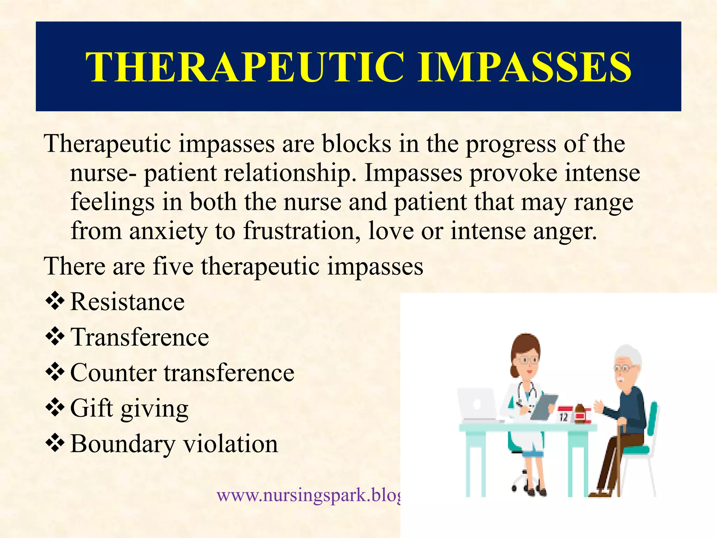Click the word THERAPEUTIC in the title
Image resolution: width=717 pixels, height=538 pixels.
(x=245, y=67)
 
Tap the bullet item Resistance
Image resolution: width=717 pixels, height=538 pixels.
(x=127, y=302)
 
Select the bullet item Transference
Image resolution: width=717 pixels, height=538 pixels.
(x=140, y=337)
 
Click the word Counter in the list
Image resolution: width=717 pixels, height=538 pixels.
(x=113, y=373)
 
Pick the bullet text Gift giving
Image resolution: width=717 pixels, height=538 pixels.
(x=129, y=408)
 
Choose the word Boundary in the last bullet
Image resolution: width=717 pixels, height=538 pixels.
(x=123, y=444)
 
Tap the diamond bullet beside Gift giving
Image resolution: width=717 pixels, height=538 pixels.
(x=55, y=408)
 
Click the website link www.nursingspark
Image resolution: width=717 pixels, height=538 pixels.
(x=308, y=495)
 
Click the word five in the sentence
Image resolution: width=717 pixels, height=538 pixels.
(x=173, y=266)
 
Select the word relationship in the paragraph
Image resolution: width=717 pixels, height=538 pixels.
(x=289, y=173)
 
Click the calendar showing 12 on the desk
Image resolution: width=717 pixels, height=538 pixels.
(x=564, y=414)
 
